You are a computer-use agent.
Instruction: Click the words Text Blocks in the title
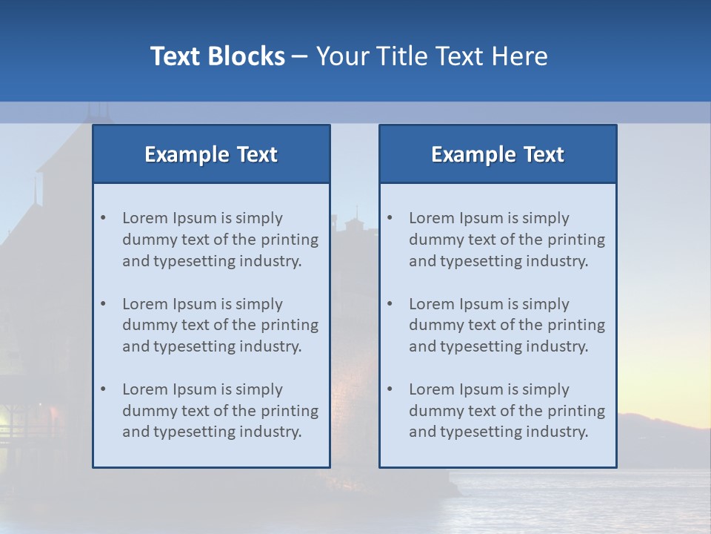pos(217,56)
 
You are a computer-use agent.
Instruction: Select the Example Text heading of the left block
pos(211,154)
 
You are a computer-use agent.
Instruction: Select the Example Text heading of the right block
pos(498,154)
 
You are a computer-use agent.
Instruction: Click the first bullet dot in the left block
pos(104,218)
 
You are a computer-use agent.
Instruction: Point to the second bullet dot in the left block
pos(104,304)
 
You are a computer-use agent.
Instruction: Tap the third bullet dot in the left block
pos(104,389)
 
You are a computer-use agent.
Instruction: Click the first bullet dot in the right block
pos(390,218)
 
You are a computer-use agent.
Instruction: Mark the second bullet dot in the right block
pos(390,304)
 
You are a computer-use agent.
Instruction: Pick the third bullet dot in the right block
pos(390,389)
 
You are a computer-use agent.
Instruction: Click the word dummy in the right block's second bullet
pos(433,325)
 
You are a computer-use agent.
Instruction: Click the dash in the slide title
pos(300,56)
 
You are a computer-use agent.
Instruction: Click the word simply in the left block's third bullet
pos(259,389)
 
